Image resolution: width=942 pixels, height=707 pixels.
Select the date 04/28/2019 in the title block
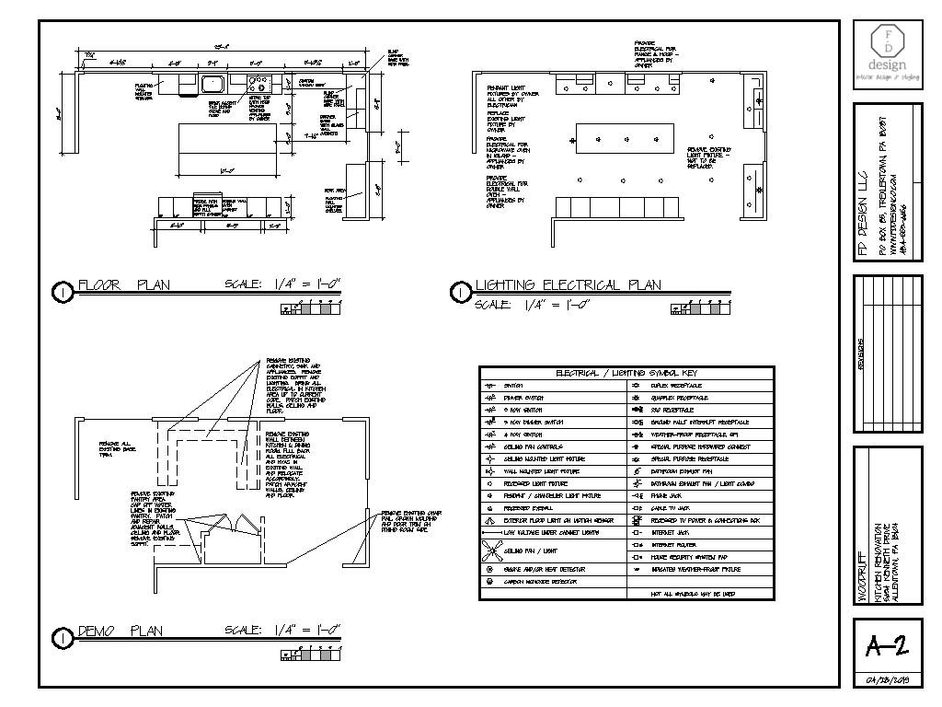[887, 681]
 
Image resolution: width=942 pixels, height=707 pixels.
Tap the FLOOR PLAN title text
[124, 284]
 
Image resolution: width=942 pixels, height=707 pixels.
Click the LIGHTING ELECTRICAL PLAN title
[568, 284]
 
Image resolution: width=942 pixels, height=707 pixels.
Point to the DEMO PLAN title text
[121, 632]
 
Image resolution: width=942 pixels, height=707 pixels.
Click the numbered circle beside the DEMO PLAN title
[62, 636]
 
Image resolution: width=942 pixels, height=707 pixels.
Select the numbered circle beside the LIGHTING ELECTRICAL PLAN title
[458, 292]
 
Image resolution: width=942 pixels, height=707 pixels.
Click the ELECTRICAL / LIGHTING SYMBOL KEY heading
[626, 373]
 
